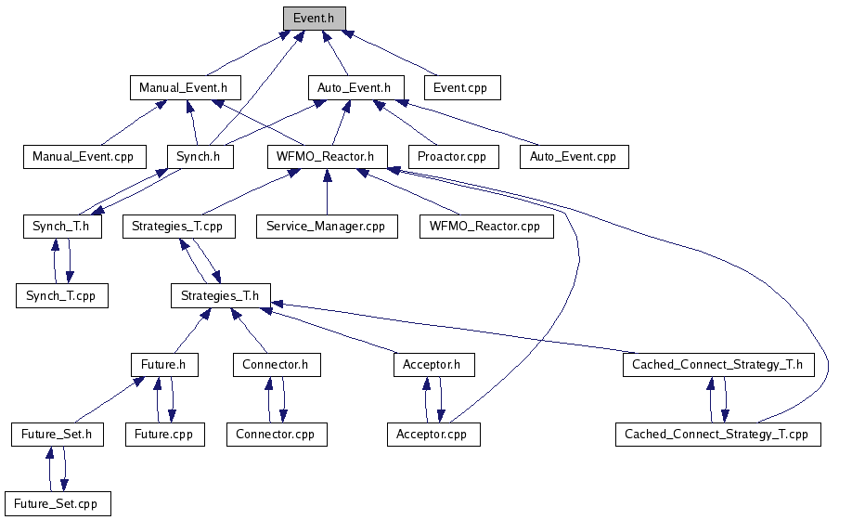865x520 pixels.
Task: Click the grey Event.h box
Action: click(x=315, y=18)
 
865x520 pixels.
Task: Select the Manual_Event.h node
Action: click(x=184, y=87)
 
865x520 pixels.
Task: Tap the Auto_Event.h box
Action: click(x=355, y=87)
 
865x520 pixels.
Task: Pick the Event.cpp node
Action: click(x=462, y=87)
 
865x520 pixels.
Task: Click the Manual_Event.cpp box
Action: click(x=84, y=156)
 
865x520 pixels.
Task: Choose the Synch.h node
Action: click(x=200, y=156)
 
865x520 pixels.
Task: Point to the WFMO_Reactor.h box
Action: click(x=325, y=156)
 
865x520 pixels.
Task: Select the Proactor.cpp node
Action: click(x=452, y=156)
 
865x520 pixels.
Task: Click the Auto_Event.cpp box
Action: click(x=573, y=156)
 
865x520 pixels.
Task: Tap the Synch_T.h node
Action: click(x=61, y=226)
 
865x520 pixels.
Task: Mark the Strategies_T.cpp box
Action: click(x=177, y=226)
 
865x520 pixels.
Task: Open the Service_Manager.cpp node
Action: click(x=327, y=226)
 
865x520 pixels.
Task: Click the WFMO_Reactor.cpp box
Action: click(x=486, y=226)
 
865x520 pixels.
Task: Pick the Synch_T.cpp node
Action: click(x=61, y=295)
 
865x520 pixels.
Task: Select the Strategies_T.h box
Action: click(x=220, y=295)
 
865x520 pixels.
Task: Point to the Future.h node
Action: click(x=163, y=365)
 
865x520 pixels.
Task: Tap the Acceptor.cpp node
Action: click(x=432, y=434)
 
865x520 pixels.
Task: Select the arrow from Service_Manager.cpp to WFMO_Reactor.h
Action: click(x=327, y=190)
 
